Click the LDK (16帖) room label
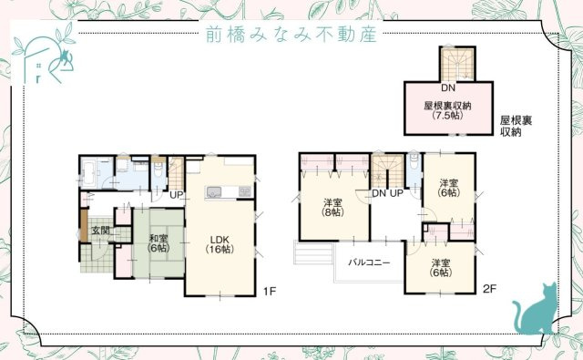[x=220, y=243]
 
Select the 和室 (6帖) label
[x=158, y=244]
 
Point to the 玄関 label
[x=100, y=231]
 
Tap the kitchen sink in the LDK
[x=215, y=191]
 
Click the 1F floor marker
[x=269, y=291]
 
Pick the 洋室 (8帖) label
[x=332, y=206]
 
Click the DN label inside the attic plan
[x=447, y=89]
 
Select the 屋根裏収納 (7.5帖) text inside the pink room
[x=447, y=111]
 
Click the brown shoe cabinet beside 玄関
[x=83, y=227]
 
